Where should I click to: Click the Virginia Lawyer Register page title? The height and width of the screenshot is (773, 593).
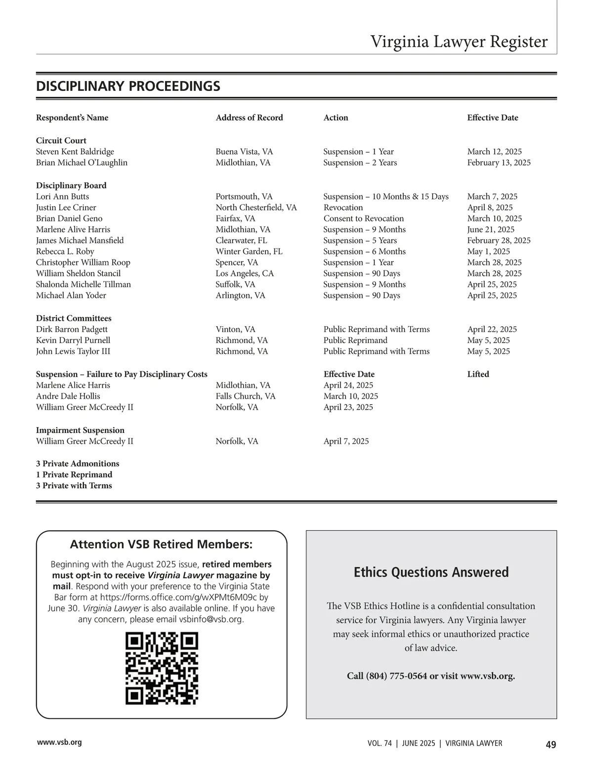point(459,42)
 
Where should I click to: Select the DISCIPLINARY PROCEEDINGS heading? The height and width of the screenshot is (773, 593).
point(128,86)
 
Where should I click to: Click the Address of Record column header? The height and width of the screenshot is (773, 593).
point(249,118)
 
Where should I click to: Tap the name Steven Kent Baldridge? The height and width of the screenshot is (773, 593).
point(75,152)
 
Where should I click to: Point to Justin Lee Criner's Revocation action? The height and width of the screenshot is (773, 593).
point(343,208)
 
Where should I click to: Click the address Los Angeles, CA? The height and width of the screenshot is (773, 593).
point(244,273)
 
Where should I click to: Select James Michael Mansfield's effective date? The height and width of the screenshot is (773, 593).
point(499,241)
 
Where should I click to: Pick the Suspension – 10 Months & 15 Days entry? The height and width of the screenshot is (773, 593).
point(385,197)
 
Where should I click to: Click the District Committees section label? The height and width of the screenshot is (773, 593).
point(74,318)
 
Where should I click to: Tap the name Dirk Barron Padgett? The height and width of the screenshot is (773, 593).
point(72,329)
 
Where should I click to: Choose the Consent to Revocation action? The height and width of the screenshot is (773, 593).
point(363,218)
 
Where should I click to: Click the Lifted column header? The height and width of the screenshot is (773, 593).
point(478,374)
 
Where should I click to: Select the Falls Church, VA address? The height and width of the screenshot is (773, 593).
point(245,396)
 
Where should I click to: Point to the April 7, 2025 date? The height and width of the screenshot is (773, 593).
point(346,441)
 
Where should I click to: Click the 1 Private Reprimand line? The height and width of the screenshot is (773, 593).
point(74,474)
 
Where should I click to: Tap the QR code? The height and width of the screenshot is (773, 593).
point(162,668)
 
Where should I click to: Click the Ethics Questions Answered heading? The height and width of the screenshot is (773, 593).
point(431,572)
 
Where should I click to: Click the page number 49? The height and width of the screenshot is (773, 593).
point(551,744)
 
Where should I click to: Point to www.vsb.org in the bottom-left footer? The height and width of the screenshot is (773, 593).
point(59,742)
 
